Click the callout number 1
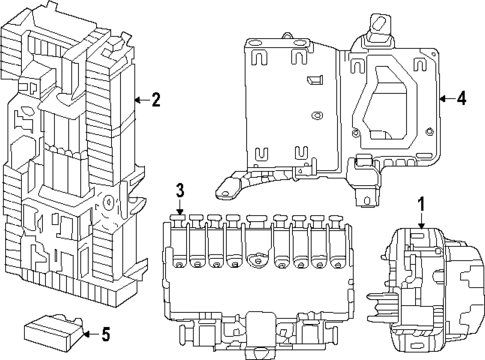(421, 204)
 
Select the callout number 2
(155, 100)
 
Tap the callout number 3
(180, 190)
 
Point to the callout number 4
(461, 99)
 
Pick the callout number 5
(105, 334)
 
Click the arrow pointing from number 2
(142, 100)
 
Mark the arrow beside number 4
(447, 99)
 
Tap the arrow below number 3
(180, 207)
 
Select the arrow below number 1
(421, 221)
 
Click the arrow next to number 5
(91, 334)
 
